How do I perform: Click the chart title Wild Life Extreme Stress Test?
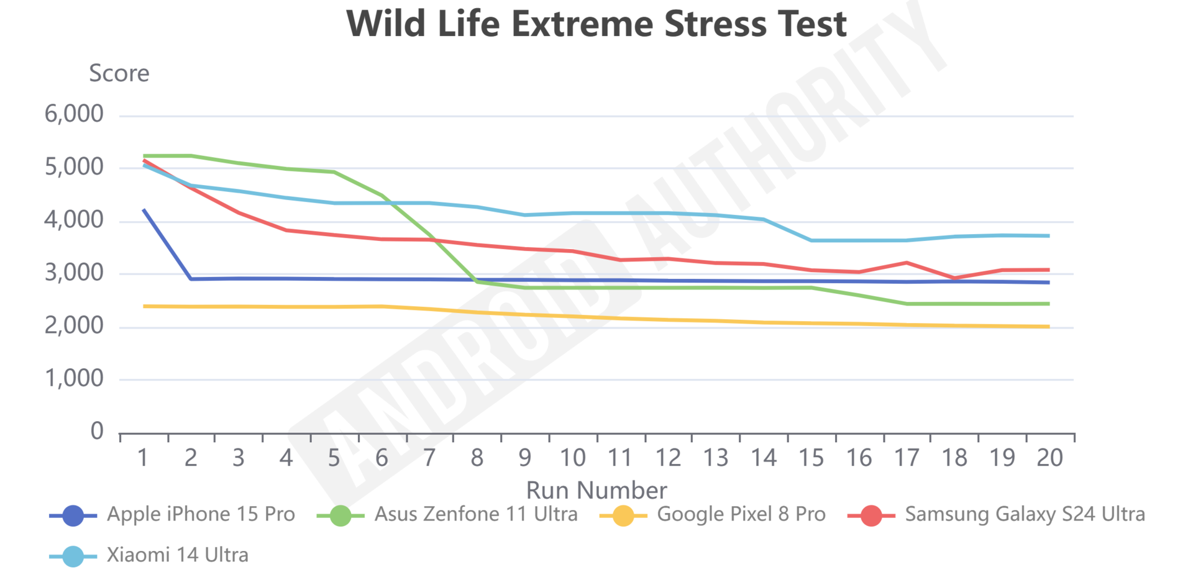pos(596,25)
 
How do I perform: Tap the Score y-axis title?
pos(119,73)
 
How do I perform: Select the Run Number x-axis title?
pos(596,491)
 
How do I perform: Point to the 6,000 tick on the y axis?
pos(74,114)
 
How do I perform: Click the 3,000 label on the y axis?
pos(74,273)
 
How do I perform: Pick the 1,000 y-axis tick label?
pos(74,378)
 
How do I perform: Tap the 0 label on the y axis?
pos(97,431)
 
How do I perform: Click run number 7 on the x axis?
pos(429,458)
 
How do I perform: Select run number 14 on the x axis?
pos(764,458)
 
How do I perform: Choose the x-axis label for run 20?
pos(1049,458)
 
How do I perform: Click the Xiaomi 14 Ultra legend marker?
pos(73,556)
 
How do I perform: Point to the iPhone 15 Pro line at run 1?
pos(144,210)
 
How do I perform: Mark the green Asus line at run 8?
pos(477,281)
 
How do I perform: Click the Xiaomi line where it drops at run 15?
pos(811,240)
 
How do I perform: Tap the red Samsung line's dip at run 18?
pos(954,278)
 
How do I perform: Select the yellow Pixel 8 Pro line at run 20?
pos(1049,326)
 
